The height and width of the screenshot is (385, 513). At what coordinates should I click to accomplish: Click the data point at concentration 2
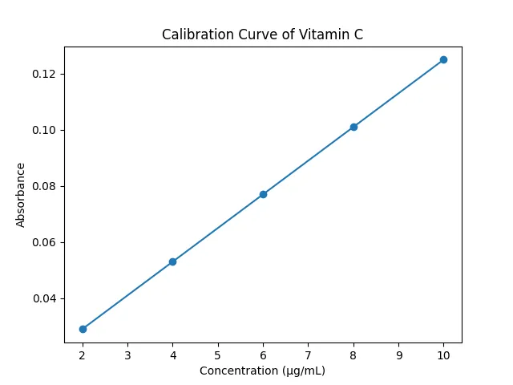[x=83, y=329]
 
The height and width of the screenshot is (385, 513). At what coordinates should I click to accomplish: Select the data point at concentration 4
[x=173, y=261]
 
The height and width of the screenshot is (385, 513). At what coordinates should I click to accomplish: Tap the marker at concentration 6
[x=263, y=194]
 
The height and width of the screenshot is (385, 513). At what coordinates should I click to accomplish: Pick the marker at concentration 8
[x=353, y=127]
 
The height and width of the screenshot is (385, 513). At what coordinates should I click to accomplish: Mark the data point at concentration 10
[x=443, y=59]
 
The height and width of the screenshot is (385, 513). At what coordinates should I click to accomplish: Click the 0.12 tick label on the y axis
[x=44, y=74]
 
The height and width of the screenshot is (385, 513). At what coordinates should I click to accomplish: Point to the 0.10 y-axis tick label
[x=44, y=130]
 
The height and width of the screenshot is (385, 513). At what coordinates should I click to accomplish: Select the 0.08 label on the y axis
[x=44, y=186]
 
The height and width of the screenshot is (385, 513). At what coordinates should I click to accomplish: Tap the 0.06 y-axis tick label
[x=44, y=242]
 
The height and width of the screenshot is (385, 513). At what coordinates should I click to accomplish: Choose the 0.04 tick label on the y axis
[x=44, y=298]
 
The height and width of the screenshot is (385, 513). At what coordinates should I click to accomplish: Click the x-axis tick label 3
[x=127, y=355]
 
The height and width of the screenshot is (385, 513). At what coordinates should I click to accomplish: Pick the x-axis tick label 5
[x=218, y=355]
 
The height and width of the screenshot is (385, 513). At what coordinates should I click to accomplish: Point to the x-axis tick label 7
[x=308, y=355]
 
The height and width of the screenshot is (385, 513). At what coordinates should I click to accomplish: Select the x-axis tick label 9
[x=399, y=355]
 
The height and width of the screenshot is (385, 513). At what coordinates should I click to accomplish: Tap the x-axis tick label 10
[x=443, y=355]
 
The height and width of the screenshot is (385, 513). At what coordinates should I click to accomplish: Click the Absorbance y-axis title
[x=20, y=195]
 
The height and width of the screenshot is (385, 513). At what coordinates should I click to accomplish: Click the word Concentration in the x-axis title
[x=239, y=371]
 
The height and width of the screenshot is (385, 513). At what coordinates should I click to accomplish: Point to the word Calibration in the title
[x=198, y=34]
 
